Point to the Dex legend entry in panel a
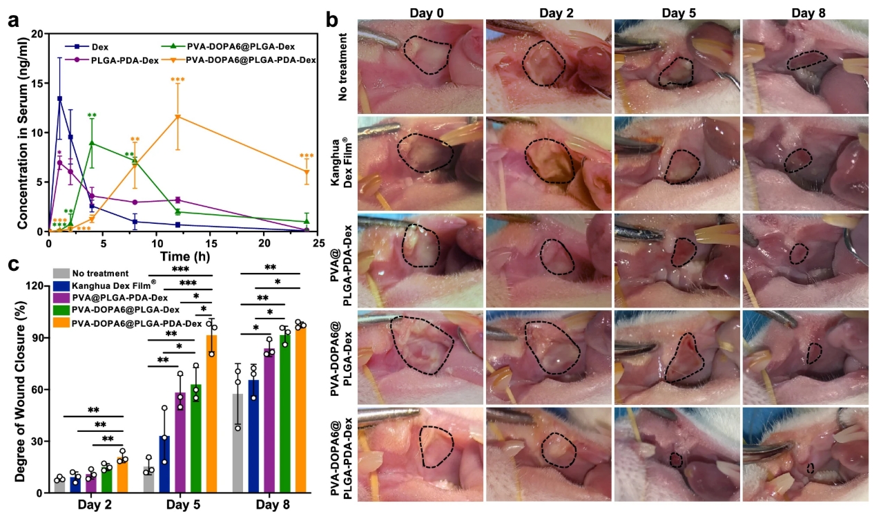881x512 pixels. (x=90, y=46)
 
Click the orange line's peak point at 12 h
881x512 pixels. (x=178, y=117)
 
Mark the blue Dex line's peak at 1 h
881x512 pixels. (x=59, y=98)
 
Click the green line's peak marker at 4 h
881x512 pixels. (x=92, y=143)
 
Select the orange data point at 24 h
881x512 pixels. (x=307, y=171)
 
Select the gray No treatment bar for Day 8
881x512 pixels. (x=238, y=443)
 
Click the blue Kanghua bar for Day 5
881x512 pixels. (x=165, y=464)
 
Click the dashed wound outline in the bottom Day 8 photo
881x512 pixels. (x=811, y=468)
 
